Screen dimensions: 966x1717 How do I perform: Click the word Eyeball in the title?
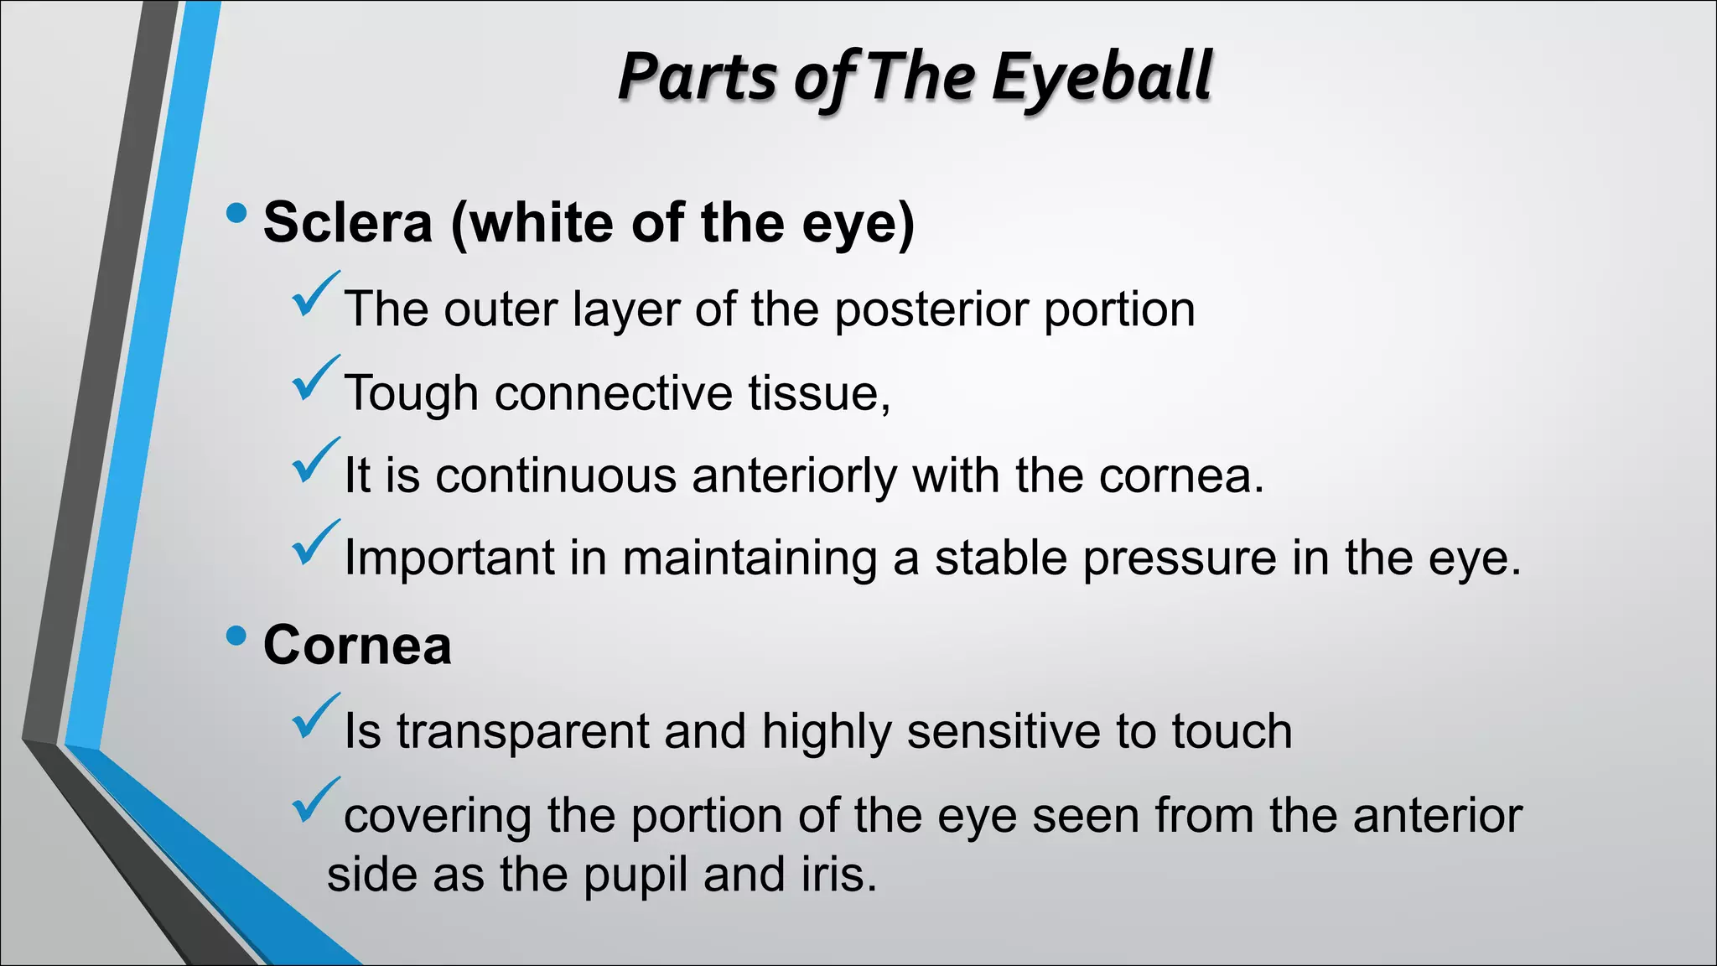coord(1102,77)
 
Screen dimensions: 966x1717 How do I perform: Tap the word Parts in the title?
coord(698,77)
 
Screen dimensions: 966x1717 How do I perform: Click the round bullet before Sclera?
coord(236,213)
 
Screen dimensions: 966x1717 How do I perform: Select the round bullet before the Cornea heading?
coord(236,636)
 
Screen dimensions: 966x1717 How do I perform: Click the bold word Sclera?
coord(348,222)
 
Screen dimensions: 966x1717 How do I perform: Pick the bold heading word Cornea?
coord(357,645)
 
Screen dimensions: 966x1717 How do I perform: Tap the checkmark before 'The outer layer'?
coord(315,294)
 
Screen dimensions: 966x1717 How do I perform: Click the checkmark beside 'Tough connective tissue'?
coord(315,378)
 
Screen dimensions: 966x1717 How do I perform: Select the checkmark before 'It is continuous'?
coord(315,460)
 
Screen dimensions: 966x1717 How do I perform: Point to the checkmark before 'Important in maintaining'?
coord(315,543)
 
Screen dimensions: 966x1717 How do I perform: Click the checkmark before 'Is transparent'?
coord(315,716)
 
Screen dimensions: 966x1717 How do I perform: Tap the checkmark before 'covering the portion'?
coord(315,800)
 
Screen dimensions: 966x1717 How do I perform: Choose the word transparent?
coord(522,731)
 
